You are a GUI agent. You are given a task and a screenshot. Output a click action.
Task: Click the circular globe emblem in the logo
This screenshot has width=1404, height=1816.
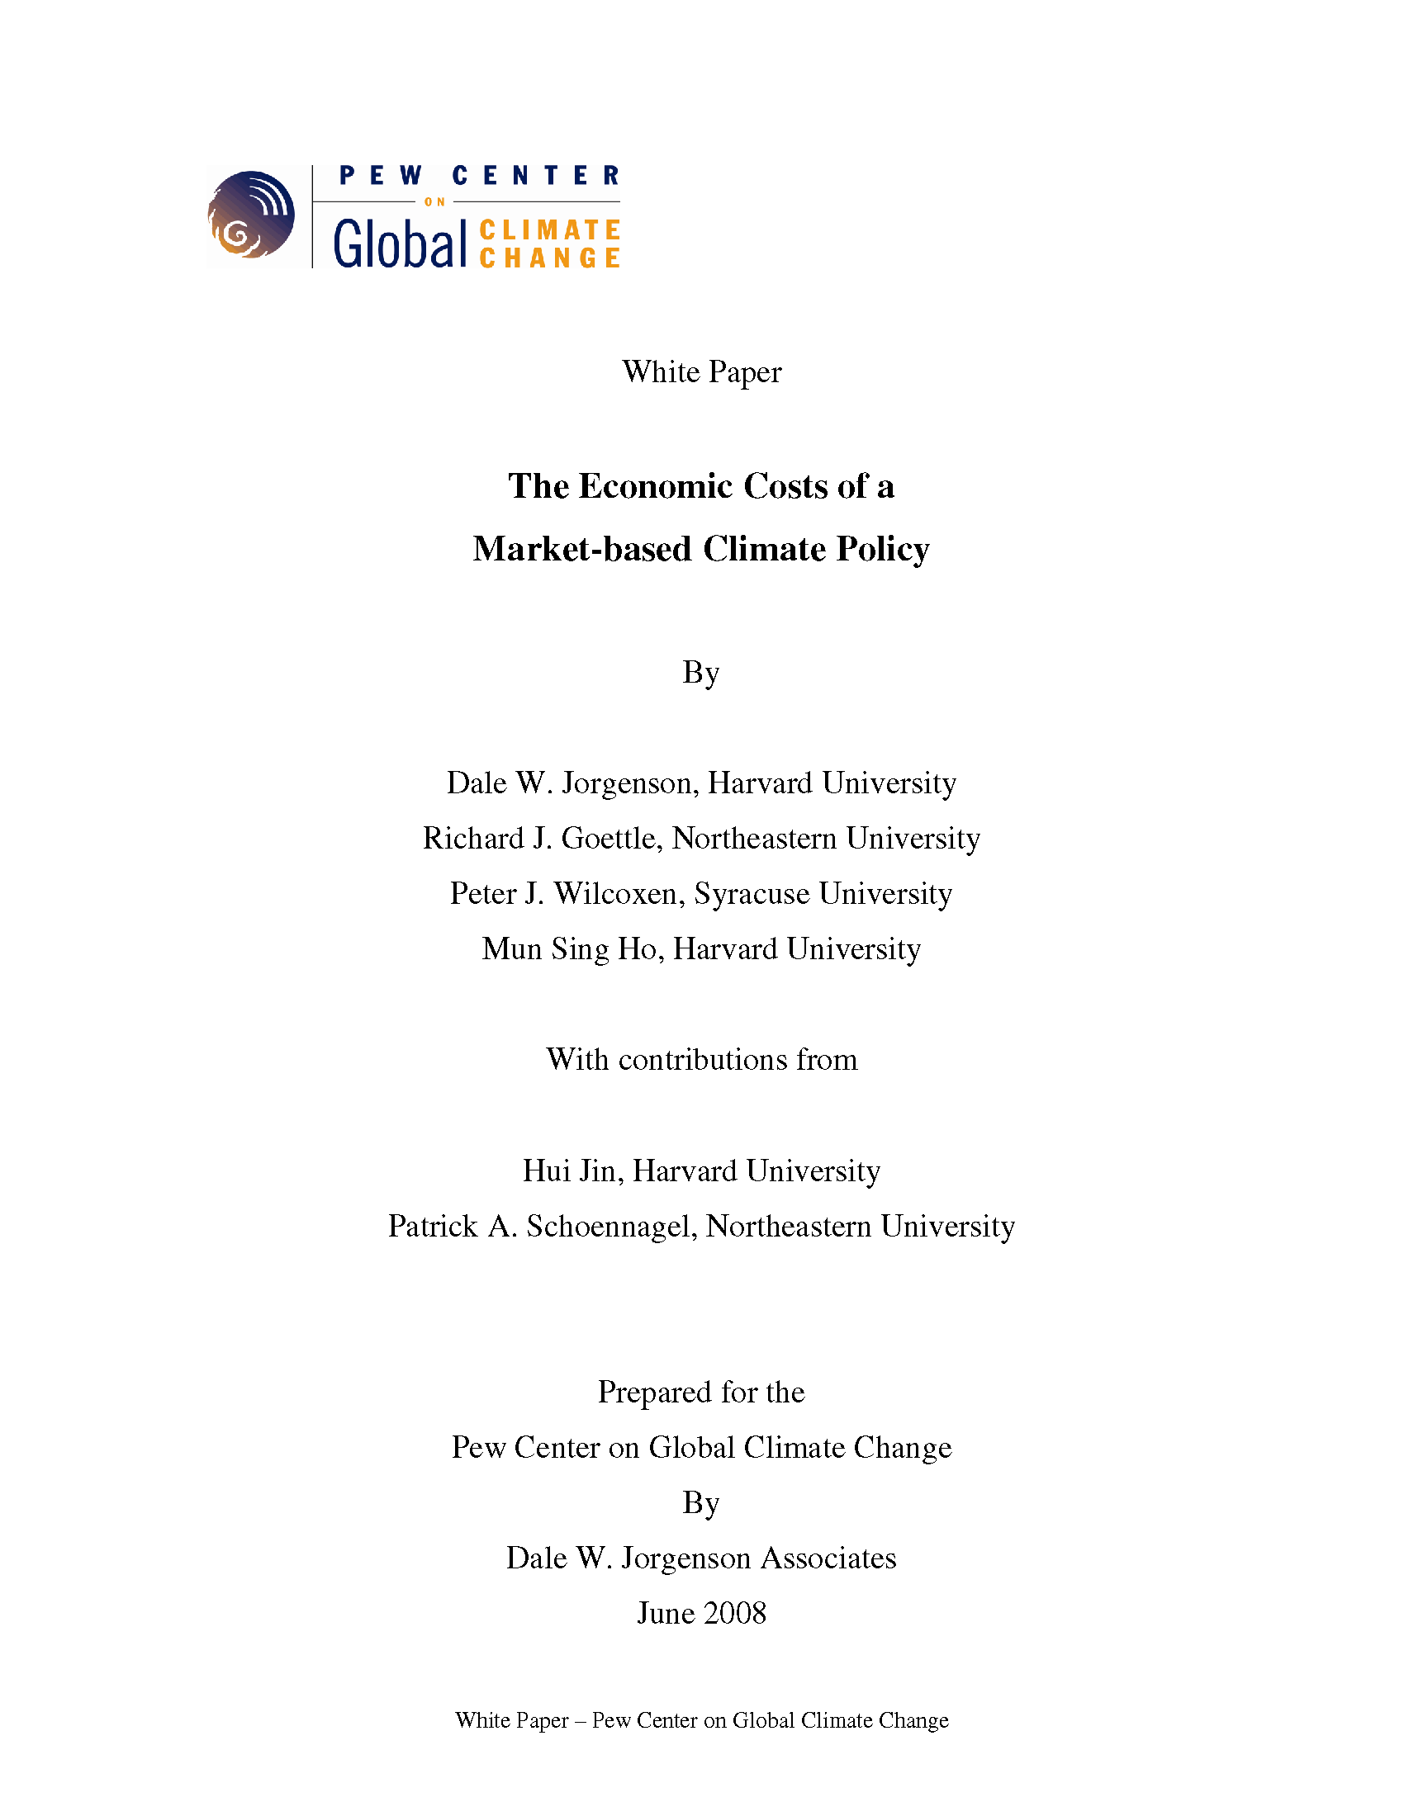click(x=250, y=215)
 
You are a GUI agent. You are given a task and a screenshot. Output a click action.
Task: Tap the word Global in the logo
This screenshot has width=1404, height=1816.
click(x=400, y=244)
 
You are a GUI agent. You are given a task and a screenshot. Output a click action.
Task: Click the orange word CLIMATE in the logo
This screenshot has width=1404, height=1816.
click(x=550, y=229)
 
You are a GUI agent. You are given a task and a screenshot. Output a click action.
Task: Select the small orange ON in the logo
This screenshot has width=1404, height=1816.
click(x=435, y=202)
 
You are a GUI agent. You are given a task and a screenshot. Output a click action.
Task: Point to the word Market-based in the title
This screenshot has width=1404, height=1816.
click(x=582, y=549)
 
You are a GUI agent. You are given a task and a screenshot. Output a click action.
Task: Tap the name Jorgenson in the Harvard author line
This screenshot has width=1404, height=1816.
click(x=629, y=783)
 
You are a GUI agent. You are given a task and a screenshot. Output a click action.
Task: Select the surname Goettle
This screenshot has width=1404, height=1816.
click(x=611, y=838)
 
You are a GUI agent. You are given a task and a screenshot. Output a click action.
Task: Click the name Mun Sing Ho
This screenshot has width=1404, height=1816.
click(x=572, y=948)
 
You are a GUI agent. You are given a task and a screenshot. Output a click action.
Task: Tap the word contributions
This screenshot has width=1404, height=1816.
click(x=703, y=1060)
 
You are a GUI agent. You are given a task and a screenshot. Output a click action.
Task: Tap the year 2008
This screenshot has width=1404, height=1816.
click(x=734, y=1613)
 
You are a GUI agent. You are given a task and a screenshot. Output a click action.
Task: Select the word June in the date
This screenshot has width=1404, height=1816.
click(x=665, y=1613)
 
